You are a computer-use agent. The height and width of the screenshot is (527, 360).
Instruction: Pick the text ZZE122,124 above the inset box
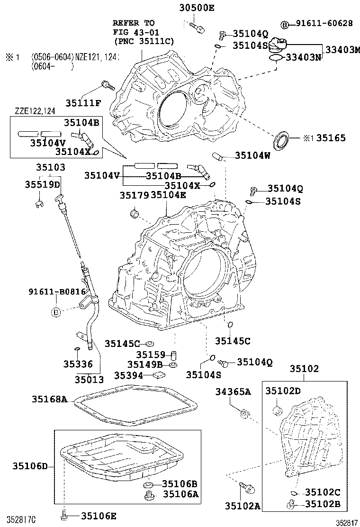(35, 111)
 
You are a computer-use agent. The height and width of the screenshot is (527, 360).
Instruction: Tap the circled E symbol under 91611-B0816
(56, 311)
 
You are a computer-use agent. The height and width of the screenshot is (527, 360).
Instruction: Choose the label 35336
(76, 364)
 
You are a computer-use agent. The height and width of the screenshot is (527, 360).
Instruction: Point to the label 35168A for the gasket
(50, 399)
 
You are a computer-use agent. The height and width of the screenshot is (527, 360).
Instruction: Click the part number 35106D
(30, 466)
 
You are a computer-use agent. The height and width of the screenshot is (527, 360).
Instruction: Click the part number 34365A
(233, 391)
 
